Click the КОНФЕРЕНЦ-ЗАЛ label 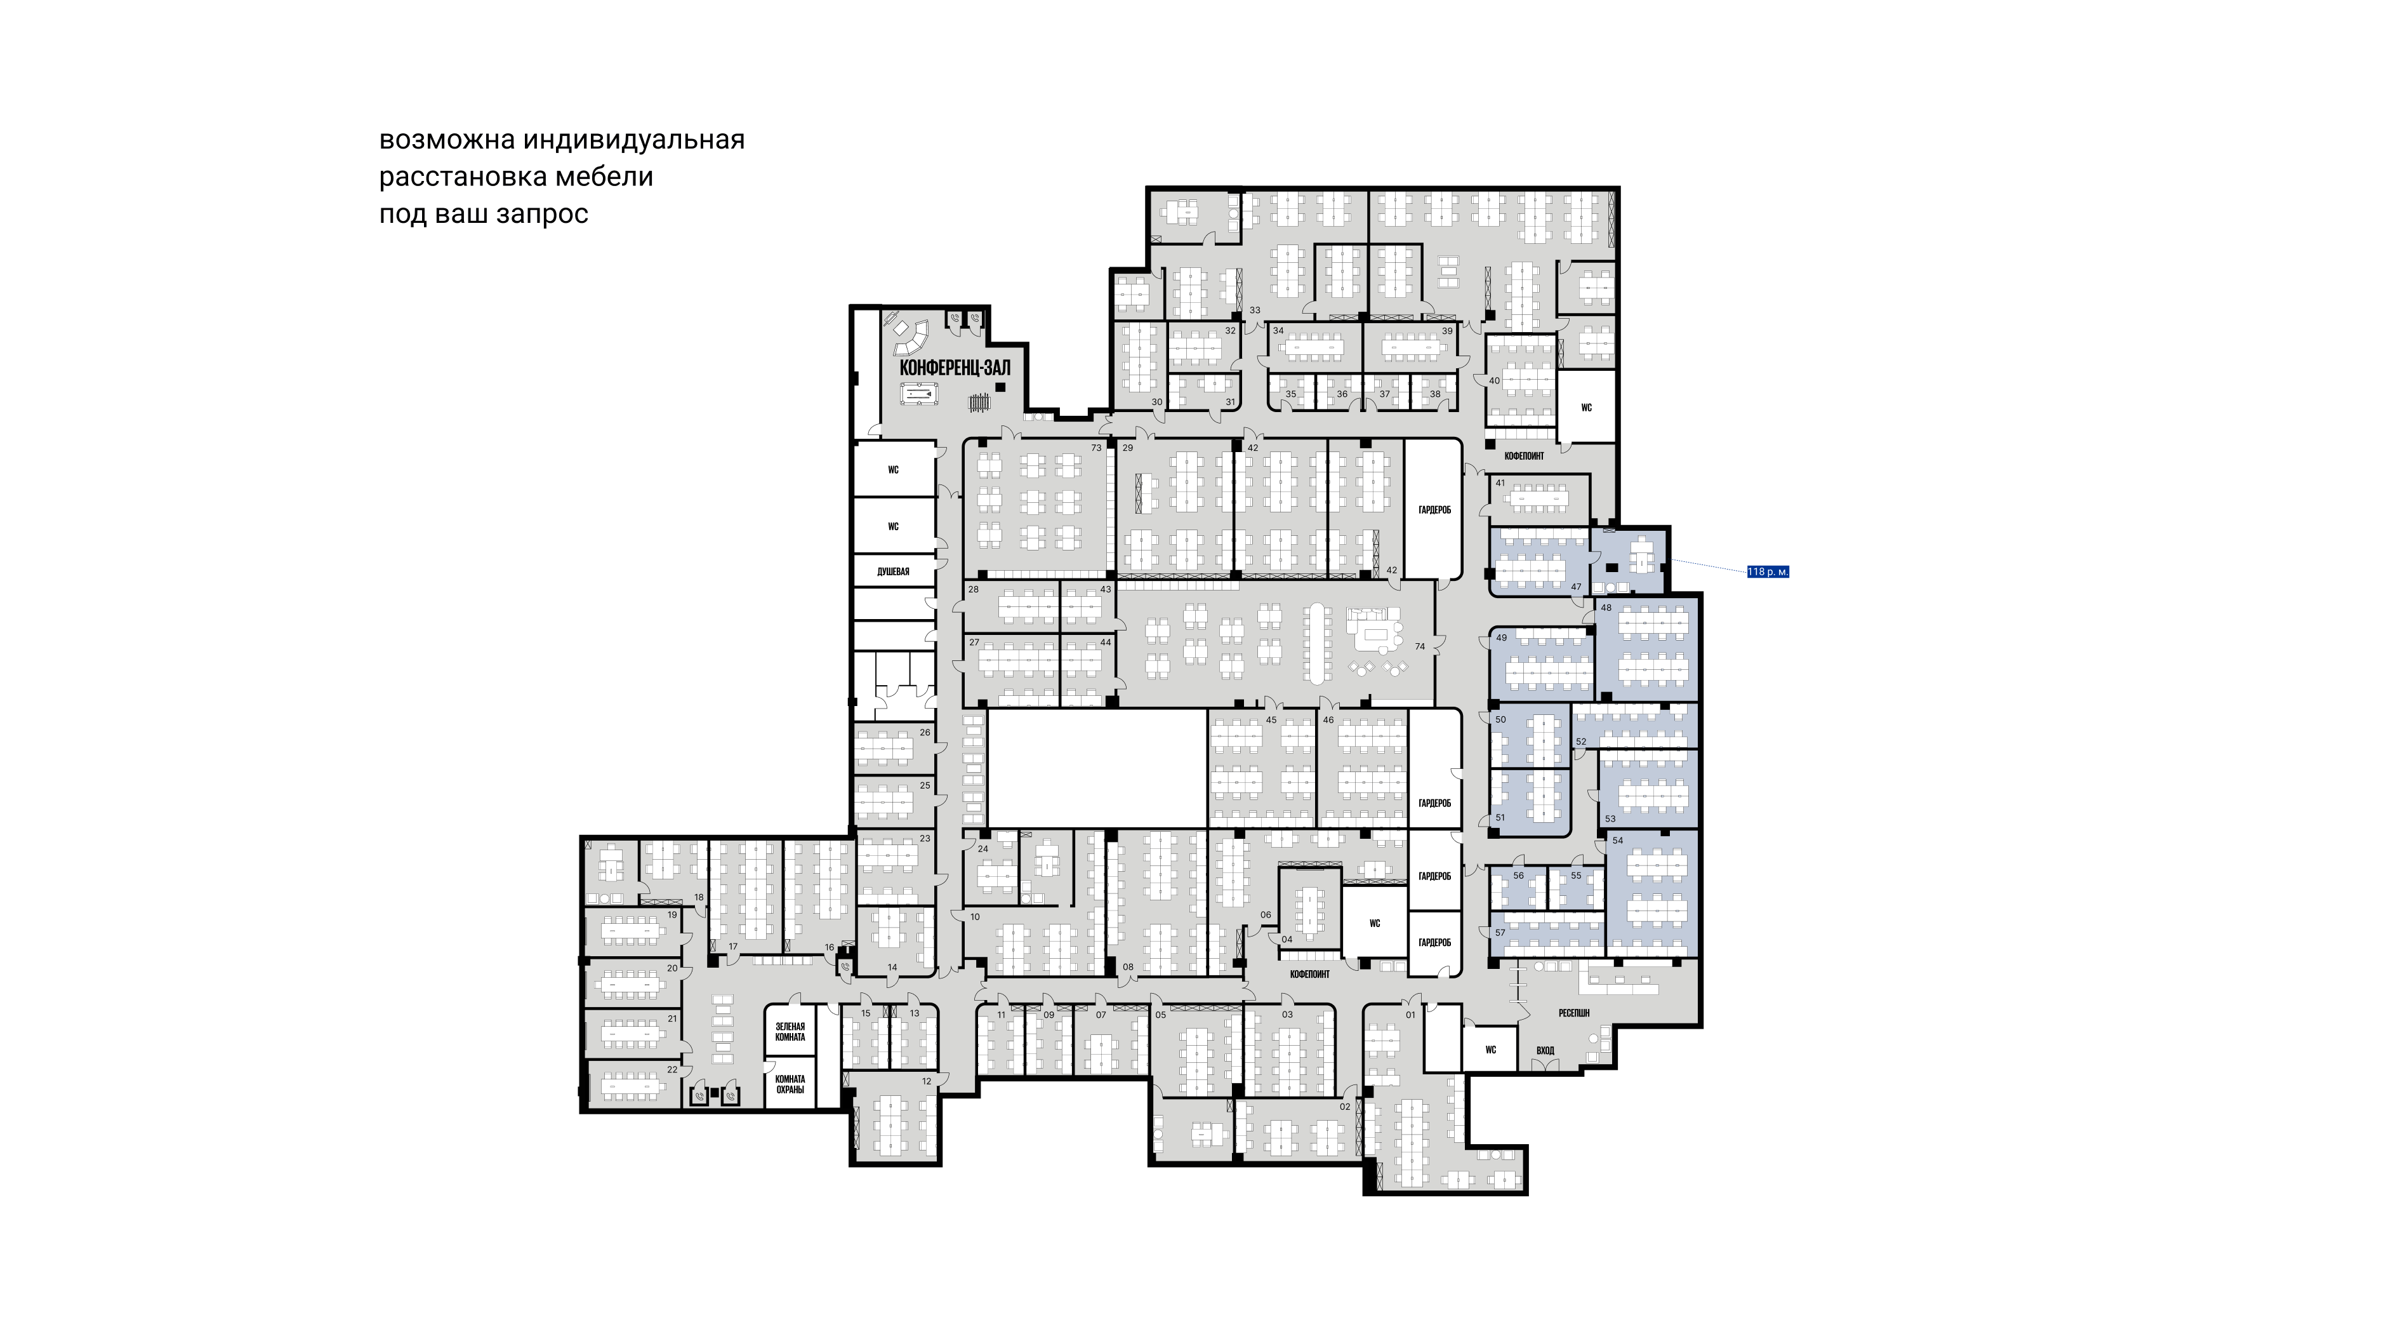955,367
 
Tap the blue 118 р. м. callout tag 1767,571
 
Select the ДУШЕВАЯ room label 893,571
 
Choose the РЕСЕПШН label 1574,1013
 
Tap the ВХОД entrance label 1545,1050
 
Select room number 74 1419,646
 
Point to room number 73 1097,448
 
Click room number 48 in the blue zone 1606,608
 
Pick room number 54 1617,841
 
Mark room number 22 672,1070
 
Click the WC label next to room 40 1587,408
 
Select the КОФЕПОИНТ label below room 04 1309,974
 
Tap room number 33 1255,310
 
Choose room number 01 1411,1015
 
